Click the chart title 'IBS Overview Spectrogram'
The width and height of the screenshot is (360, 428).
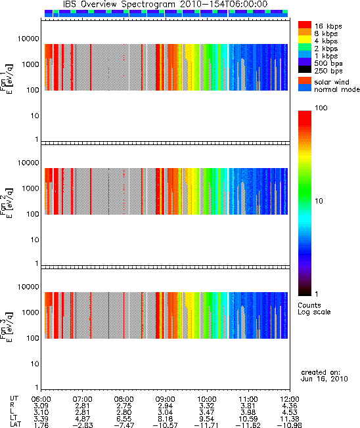tap(119, 5)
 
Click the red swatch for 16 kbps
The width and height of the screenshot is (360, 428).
tap(305, 25)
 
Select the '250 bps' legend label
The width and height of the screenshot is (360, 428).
tap(328, 71)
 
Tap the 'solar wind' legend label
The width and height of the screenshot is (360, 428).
tap(332, 82)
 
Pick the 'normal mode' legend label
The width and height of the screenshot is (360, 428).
tap(337, 89)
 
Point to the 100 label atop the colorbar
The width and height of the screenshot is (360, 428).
tap(321, 108)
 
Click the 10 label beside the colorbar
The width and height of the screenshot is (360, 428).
tap(319, 201)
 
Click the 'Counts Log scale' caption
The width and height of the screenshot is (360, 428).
tap(314, 309)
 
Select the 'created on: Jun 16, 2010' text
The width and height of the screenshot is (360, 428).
tap(325, 375)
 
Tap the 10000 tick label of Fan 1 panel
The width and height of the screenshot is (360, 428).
tap(28, 39)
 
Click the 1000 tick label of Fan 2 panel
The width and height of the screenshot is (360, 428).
tap(31, 188)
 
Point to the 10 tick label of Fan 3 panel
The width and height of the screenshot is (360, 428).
tap(35, 364)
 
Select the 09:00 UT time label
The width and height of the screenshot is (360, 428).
tap(166, 399)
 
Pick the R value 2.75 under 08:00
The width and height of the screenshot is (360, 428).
tap(124, 406)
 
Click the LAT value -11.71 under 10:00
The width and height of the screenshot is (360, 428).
tap(206, 425)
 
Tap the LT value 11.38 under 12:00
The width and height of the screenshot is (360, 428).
tap(290, 419)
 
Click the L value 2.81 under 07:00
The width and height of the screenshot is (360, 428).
tap(83, 412)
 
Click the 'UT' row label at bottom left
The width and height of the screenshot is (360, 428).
tap(14, 398)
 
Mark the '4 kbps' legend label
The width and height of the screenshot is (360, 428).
tap(326, 41)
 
